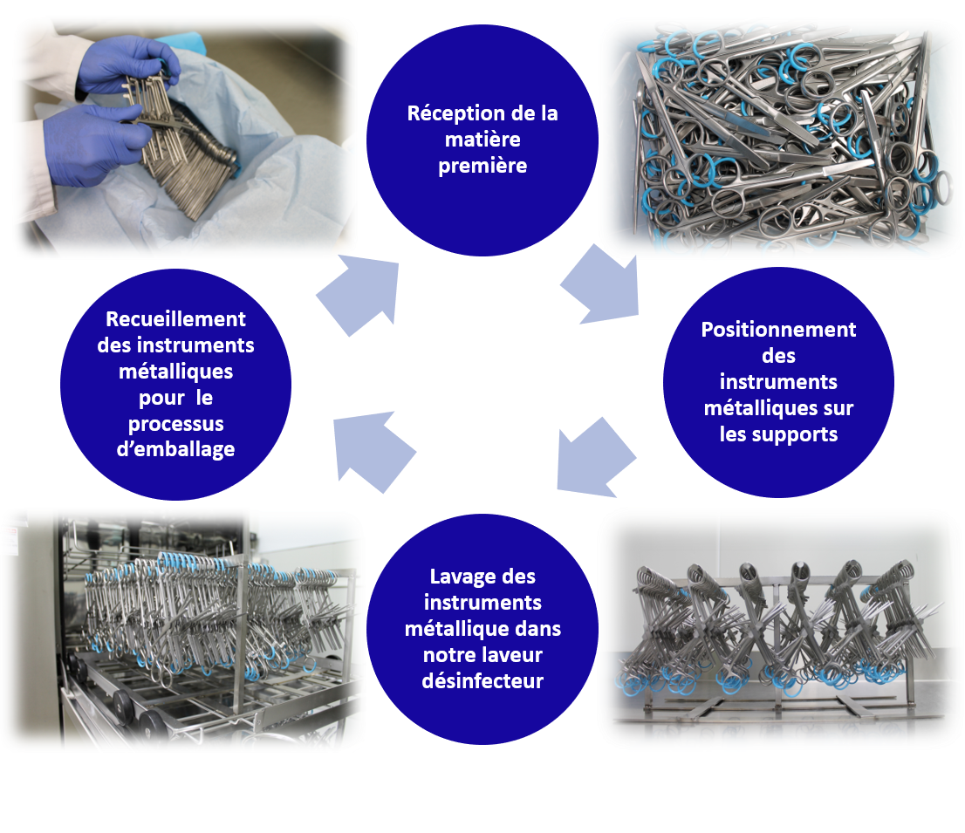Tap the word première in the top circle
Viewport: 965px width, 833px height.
482,166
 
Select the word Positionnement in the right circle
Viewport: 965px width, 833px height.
778,330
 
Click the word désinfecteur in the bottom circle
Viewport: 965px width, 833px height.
482,681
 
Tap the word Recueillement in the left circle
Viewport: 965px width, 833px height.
175,319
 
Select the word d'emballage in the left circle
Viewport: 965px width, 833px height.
175,449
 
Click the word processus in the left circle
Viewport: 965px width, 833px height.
175,424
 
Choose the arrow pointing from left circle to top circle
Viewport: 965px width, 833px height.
360,295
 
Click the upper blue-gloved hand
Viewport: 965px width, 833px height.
128,65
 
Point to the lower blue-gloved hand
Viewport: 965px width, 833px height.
95,144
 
